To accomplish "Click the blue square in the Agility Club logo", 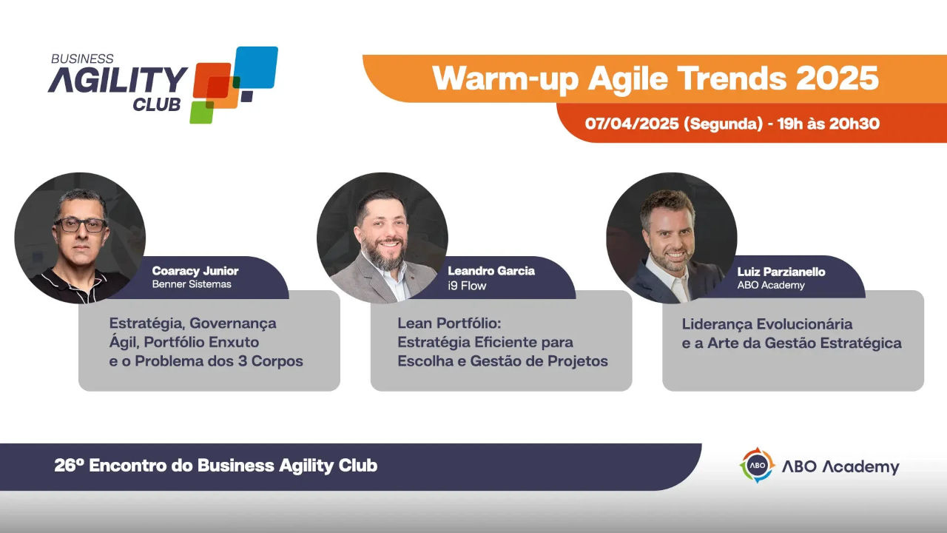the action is (256, 67).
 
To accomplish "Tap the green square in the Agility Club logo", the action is (201, 112).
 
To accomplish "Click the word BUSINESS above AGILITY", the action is (82, 58).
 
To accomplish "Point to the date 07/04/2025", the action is (632, 124).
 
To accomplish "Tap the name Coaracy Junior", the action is (195, 271).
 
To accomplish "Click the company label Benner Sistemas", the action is (192, 284).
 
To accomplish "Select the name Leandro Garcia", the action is (491, 271).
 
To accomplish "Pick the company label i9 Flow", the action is (467, 286).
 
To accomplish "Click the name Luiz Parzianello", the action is (781, 272).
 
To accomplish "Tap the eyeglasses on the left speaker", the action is (81, 225).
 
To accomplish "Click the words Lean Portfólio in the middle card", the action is (449, 324).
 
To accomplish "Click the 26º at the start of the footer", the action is (69, 466).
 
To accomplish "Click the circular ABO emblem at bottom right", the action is (757, 466).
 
